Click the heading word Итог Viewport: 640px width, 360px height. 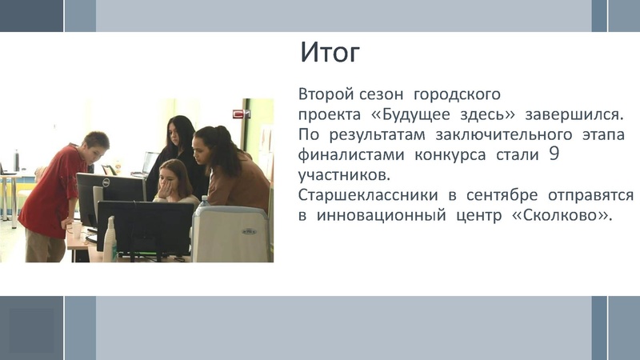(330, 53)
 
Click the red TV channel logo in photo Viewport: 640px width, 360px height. (239, 114)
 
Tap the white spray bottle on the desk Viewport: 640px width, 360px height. (110, 239)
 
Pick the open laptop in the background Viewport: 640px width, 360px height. (150, 162)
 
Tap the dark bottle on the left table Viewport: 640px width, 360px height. (16, 160)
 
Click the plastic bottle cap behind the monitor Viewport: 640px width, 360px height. (202, 200)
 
